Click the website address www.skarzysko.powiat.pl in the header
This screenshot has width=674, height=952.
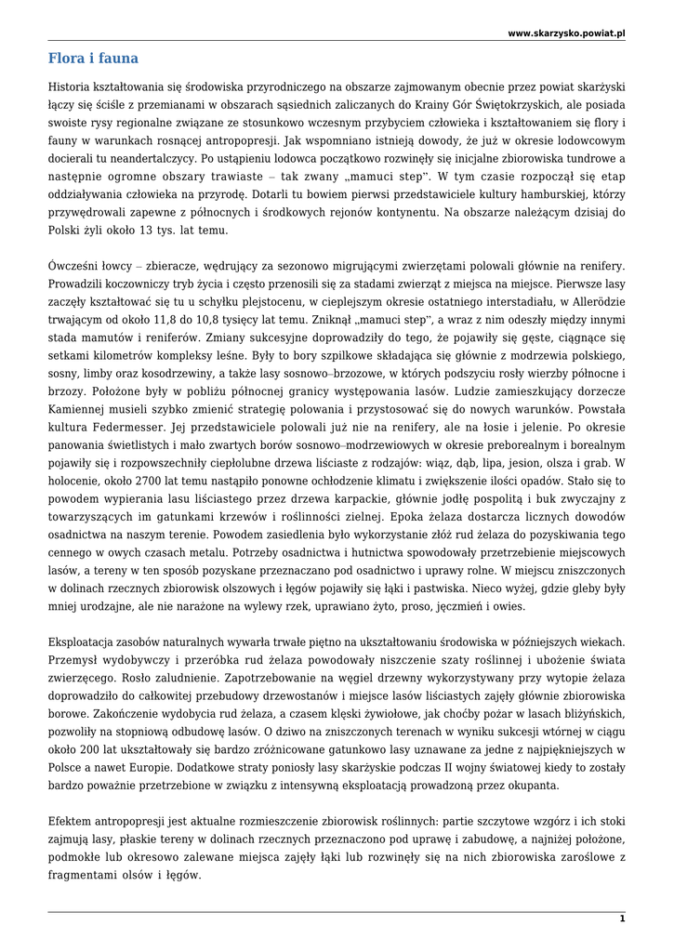(566, 33)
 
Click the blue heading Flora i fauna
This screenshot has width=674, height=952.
(93, 59)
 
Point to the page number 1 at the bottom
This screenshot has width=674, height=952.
(622, 919)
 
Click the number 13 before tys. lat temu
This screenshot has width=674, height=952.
(149, 230)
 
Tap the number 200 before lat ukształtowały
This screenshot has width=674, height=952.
(96, 749)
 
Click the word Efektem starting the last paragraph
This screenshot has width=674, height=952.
(73, 821)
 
